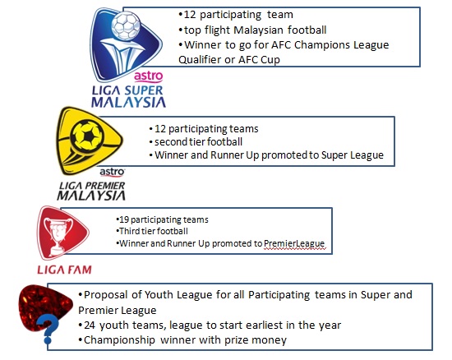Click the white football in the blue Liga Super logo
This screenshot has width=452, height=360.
pyautogui.click(x=126, y=25)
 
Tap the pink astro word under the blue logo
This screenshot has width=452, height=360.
pyautogui.click(x=149, y=76)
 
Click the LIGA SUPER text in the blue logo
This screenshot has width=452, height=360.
pyautogui.click(x=127, y=90)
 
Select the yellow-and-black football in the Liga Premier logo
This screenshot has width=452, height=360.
pyautogui.click(x=87, y=135)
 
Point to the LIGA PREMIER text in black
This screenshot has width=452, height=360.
pyautogui.click(x=92, y=186)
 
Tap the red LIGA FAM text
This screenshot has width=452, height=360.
pyautogui.click(x=64, y=270)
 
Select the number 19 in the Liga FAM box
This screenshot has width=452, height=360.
pyautogui.click(x=123, y=219)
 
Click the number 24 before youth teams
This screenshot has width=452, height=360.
pyautogui.click(x=90, y=325)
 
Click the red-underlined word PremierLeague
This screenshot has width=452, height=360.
pyautogui.click(x=294, y=244)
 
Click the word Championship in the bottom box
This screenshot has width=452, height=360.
pyautogui.click(x=119, y=340)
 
